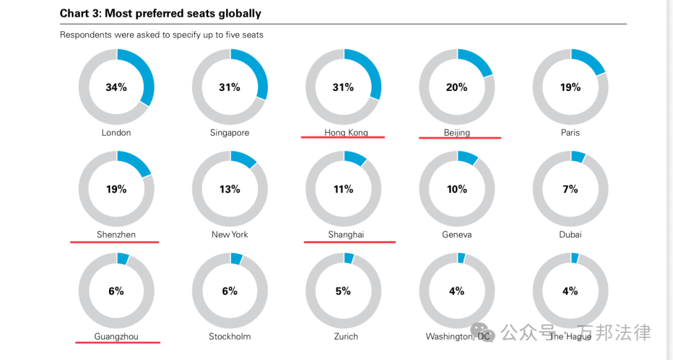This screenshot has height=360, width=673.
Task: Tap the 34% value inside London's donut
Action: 116,87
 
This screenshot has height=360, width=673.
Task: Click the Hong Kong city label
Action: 346,133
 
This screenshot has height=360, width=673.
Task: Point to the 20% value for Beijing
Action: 457,87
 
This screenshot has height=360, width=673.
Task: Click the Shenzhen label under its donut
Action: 116,235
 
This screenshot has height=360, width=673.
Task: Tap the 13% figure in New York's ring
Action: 229,189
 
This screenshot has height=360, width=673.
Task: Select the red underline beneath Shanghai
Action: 349,242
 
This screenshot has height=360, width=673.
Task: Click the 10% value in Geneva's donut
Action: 457,189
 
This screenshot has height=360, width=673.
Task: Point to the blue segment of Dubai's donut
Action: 578,156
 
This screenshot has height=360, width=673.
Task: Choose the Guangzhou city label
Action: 116,336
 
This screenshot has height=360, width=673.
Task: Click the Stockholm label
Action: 229,336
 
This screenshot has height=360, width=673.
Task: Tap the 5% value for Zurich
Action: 343,291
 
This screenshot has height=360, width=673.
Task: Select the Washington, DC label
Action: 458,336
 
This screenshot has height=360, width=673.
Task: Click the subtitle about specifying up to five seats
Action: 161,35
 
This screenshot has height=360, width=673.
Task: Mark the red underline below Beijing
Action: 459,138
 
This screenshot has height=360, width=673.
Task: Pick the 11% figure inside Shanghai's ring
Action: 343,189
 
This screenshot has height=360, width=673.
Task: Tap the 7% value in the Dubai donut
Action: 570,189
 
